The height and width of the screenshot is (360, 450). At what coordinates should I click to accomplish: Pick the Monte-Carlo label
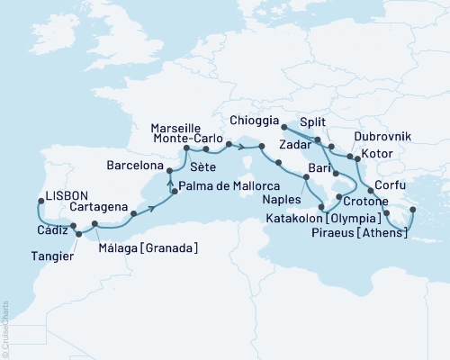pyautogui.click(x=188, y=142)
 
